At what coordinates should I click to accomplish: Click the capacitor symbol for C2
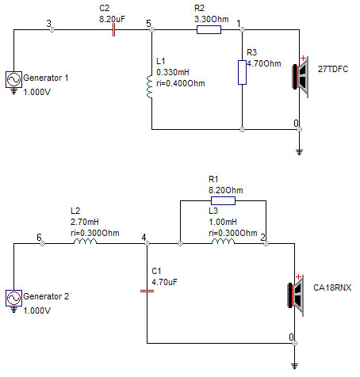click(113, 30)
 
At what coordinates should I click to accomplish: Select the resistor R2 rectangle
click(209, 30)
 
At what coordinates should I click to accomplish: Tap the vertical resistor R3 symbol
click(242, 72)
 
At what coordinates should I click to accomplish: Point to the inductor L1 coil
click(150, 86)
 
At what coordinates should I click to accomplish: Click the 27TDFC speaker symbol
click(301, 77)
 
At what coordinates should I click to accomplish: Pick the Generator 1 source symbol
click(13, 79)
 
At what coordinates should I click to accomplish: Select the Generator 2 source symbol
click(13, 298)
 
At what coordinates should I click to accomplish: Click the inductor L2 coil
click(85, 242)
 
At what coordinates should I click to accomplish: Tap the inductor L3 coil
click(223, 242)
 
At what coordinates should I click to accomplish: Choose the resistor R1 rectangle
click(223, 201)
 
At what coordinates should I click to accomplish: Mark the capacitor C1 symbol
click(147, 291)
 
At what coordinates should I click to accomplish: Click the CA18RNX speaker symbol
click(296, 295)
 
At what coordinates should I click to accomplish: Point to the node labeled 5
click(151, 30)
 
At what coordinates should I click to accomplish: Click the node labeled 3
click(52, 30)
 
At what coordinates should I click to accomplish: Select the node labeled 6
click(42, 243)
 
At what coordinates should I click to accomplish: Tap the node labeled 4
click(147, 243)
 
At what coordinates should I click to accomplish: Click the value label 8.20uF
click(112, 19)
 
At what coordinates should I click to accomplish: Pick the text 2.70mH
click(85, 222)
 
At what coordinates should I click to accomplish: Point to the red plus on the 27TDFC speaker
click(304, 58)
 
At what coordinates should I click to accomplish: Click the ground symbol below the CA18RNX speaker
click(294, 366)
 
